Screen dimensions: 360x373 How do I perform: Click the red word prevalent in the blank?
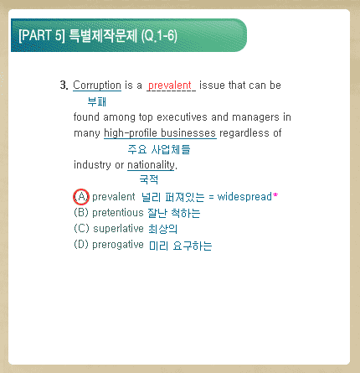coord(170,85)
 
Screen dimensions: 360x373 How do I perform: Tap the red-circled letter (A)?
coord(81,197)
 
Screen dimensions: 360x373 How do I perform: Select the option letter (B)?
coord(81,213)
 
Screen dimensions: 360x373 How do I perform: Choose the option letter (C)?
coord(81,229)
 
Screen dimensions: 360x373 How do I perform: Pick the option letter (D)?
coord(81,245)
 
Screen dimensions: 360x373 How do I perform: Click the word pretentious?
coord(118,213)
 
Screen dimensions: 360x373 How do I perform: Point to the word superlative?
coord(118,229)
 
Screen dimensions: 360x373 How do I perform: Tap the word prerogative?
coord(118,245)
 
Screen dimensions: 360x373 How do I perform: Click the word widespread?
coord(244,197)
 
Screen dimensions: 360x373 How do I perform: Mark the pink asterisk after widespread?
coord(275,195)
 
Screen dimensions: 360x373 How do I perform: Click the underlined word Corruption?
coord(97,85)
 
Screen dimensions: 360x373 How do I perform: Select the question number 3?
coord(64,85)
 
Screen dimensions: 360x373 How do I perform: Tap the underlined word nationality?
coord(151,165)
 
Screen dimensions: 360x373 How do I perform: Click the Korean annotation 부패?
coord(97,101)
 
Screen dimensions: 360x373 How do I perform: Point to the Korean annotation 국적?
coord(149,179)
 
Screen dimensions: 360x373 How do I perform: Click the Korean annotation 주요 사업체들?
coord(159,149)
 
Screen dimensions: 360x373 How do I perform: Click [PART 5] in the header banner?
coord(42,35)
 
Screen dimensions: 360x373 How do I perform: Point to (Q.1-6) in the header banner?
coord(159,36)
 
